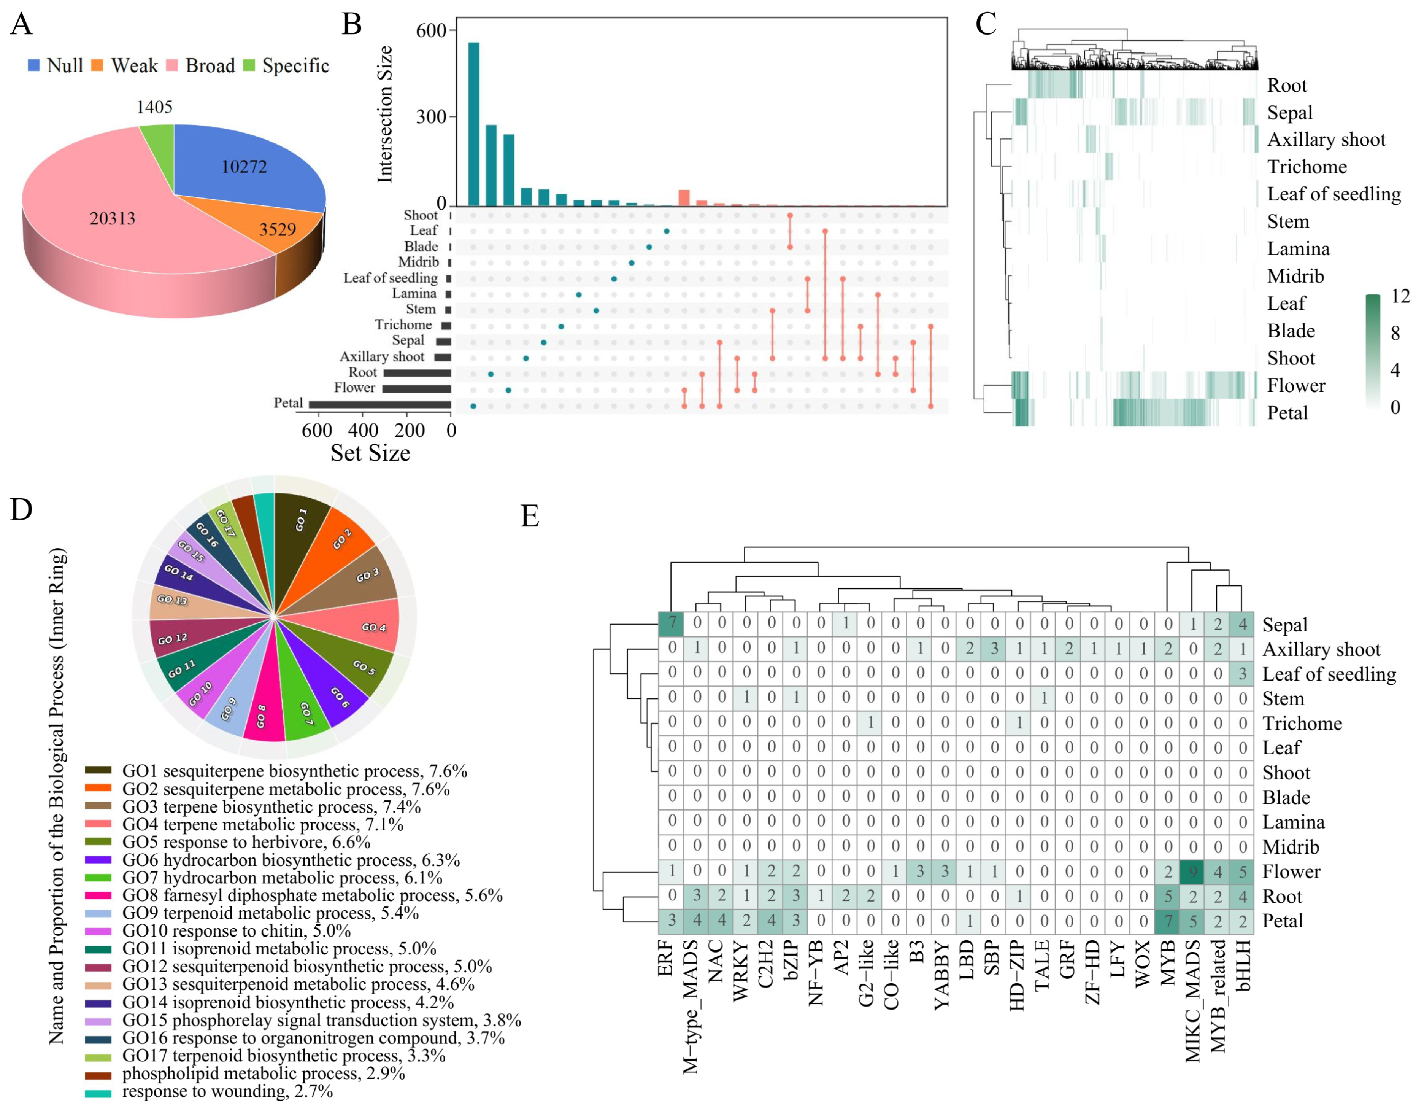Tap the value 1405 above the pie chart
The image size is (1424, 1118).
click(154, 107)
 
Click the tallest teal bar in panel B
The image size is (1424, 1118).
click(473, 124)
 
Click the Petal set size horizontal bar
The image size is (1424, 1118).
click(380, 404)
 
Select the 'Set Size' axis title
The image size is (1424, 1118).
click(370, 453)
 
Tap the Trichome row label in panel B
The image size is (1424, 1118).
click(403, 324)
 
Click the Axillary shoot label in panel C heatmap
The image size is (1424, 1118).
click(1326, 140)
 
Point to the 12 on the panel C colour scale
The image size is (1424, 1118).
click(1400, 296)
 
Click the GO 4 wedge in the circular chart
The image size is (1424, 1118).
click(366, 625)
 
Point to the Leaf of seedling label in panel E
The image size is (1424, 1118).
click(1329, 674)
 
